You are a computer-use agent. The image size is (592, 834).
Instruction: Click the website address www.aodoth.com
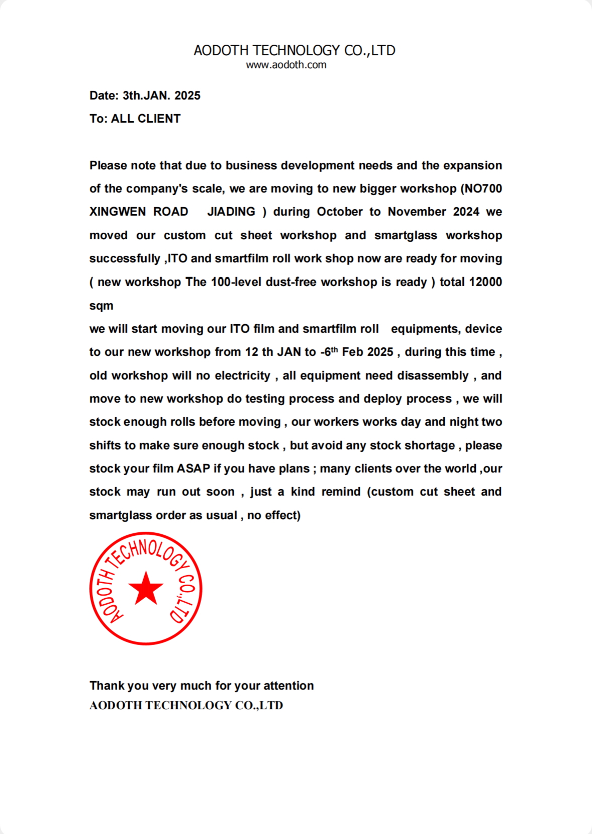tap(286, 65)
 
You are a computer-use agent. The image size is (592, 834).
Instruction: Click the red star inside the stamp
tap(146, 588)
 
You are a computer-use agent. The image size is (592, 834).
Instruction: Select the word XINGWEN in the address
tap(118, 212)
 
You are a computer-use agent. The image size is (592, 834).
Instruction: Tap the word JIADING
tap(231, 212)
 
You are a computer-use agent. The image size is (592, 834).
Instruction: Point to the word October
tap(339, 212)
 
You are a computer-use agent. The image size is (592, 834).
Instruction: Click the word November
tap(417, 212)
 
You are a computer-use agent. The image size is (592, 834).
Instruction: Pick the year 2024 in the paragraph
tap(466, 212)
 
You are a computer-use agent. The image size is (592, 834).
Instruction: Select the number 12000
tap(485, 282)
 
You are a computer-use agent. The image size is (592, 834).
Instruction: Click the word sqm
tap(101, 306)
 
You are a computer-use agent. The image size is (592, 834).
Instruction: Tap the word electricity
tap(243, 376)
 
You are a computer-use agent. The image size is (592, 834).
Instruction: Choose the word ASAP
tap(193, 469)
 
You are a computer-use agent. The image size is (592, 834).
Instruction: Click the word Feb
tap(352, 352)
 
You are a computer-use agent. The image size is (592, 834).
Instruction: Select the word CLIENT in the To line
tap(159, 119)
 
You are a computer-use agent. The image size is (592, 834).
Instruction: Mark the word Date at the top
tap(104, 96)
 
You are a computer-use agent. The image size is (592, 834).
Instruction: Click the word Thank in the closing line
tap(106, 686)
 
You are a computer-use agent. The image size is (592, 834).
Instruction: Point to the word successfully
tap(125, 259)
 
